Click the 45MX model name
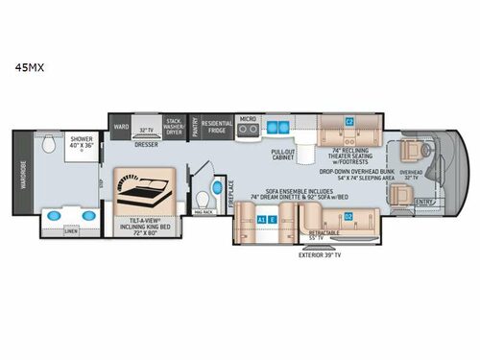click(27, 68)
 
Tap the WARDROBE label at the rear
click(26, 177)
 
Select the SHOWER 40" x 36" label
click(82, 141)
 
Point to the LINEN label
click(70, 230)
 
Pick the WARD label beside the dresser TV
click(122, 126)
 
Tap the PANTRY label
click(194, 129)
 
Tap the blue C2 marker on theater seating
click(349, 121)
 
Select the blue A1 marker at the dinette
click(262, 219)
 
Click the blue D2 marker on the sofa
click(348, 214)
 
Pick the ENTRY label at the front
click(425, 200)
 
